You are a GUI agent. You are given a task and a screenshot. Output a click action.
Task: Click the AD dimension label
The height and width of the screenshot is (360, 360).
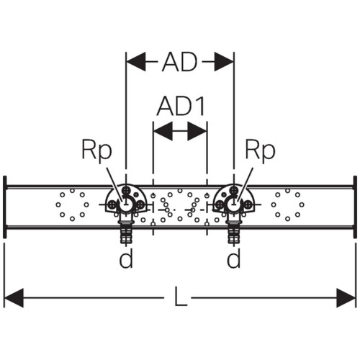179,62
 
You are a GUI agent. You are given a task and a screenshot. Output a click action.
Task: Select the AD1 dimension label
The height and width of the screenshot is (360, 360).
181,106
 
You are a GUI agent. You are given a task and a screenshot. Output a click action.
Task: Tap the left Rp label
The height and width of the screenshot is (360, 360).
96,150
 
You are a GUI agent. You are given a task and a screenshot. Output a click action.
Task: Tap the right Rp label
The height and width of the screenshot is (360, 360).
260,150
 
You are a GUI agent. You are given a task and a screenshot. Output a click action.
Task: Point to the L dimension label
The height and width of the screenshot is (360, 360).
181,297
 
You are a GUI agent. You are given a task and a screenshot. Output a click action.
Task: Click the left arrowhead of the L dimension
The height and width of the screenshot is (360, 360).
14,298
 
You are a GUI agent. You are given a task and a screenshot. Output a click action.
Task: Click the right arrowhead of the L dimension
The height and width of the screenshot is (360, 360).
346,298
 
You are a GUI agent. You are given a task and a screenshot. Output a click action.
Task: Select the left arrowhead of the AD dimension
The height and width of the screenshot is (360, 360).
136,61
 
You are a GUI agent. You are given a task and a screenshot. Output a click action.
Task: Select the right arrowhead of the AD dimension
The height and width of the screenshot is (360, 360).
224,61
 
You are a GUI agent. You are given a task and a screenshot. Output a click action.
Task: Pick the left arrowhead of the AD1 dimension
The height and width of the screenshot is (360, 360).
163,131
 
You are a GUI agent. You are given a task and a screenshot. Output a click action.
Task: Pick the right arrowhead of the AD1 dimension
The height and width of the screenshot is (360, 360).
197,131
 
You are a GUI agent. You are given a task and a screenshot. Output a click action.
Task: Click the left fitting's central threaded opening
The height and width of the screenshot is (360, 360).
125,204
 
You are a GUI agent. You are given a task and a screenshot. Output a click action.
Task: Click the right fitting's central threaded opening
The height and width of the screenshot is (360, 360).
233,204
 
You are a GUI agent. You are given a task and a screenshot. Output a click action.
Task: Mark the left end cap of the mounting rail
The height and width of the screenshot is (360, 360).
4,207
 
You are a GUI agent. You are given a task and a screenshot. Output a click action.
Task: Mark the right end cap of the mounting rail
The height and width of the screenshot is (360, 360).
355,207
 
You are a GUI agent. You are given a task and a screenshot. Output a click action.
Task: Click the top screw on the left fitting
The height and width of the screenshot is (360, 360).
126,191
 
